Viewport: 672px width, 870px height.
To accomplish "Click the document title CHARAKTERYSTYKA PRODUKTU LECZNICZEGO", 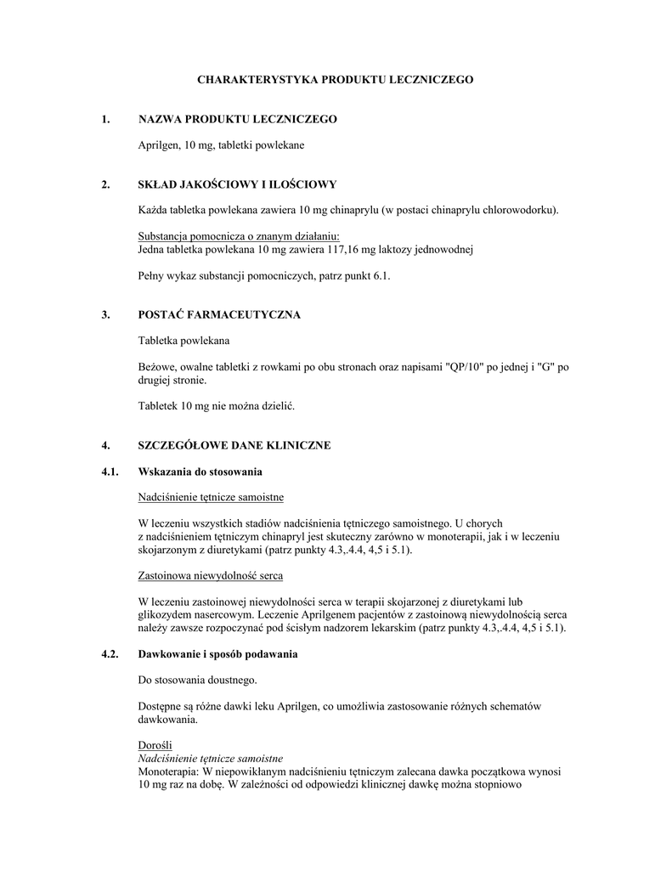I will [x=336, y=79].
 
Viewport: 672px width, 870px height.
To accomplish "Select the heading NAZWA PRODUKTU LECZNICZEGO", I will [x=237, y=119].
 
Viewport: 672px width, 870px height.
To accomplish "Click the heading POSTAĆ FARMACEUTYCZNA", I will [x=219, y=314].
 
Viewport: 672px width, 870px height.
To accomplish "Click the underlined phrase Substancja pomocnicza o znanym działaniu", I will [x=244, y=236].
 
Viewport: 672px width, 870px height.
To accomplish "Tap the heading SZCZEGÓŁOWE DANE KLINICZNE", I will [x=234, y=445].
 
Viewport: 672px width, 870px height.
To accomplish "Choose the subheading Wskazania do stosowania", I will [x=200, y=472].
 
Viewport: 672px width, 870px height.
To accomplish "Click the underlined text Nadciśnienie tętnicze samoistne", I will [x=211, y=497].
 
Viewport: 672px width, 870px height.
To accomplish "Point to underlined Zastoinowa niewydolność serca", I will [x=210, y=577].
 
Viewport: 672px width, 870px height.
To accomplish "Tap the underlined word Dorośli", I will [x=155, y=745].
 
